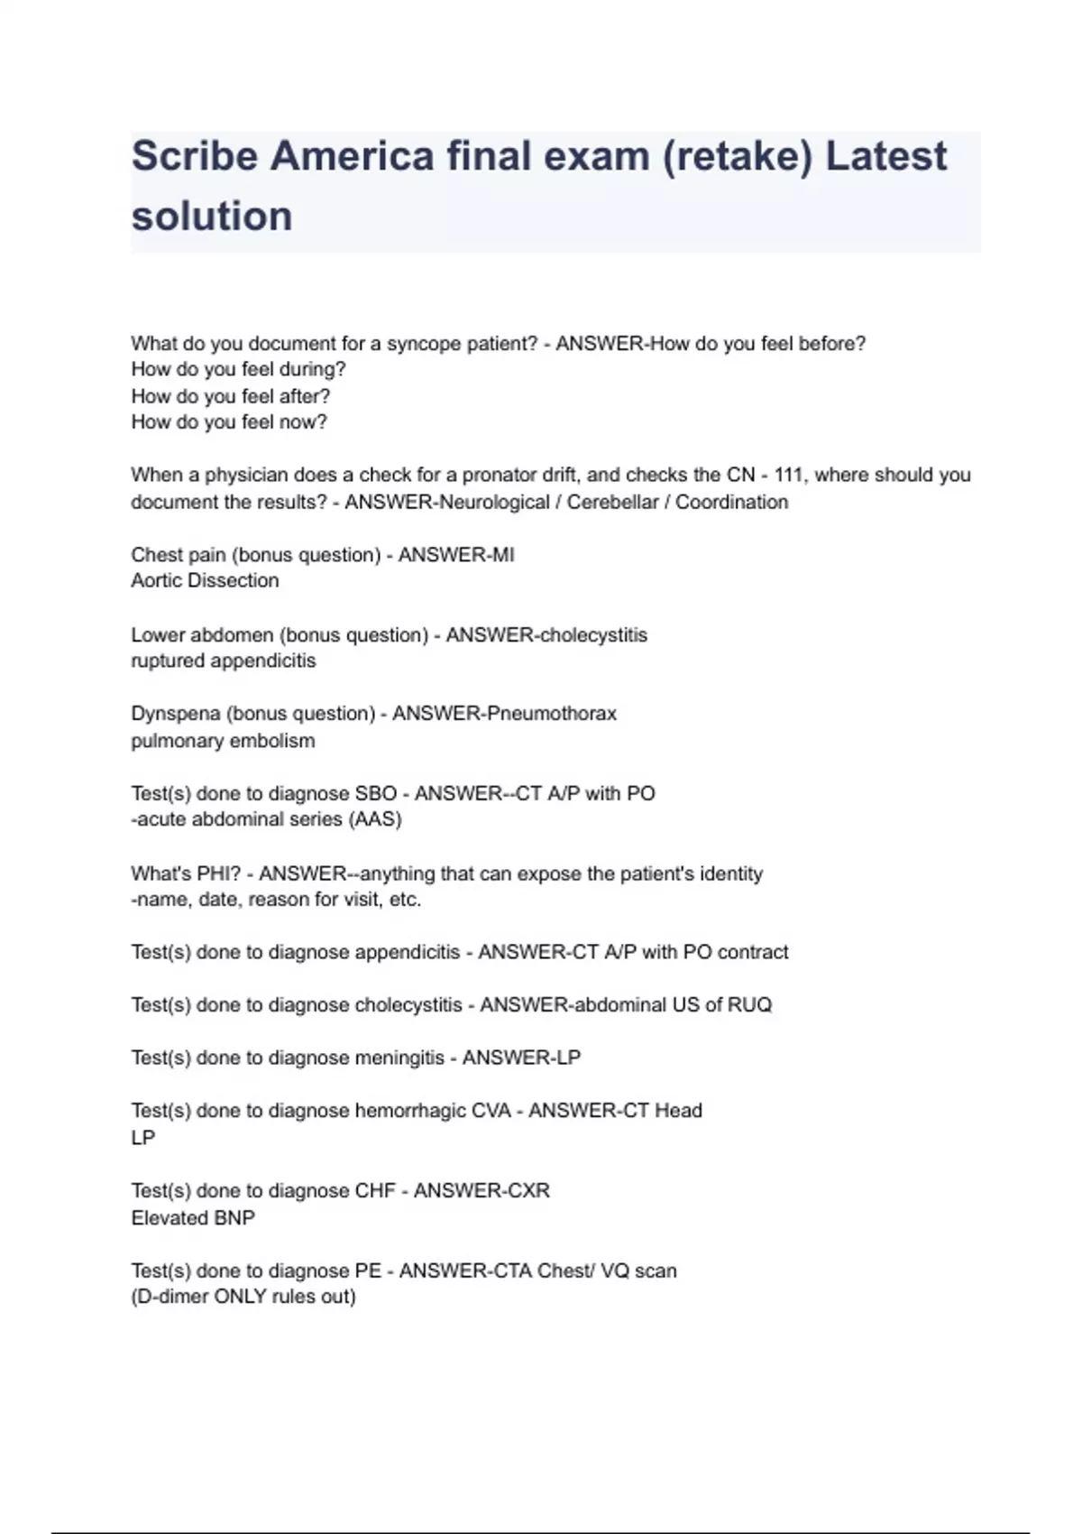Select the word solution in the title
[212, 217]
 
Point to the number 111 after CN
[789, 475]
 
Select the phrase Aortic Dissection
[205, 581]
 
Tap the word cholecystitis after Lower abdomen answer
[592, 635]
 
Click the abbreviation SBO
[376, 794]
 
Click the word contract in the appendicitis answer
[753, 952]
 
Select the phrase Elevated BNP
[193, 1218]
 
